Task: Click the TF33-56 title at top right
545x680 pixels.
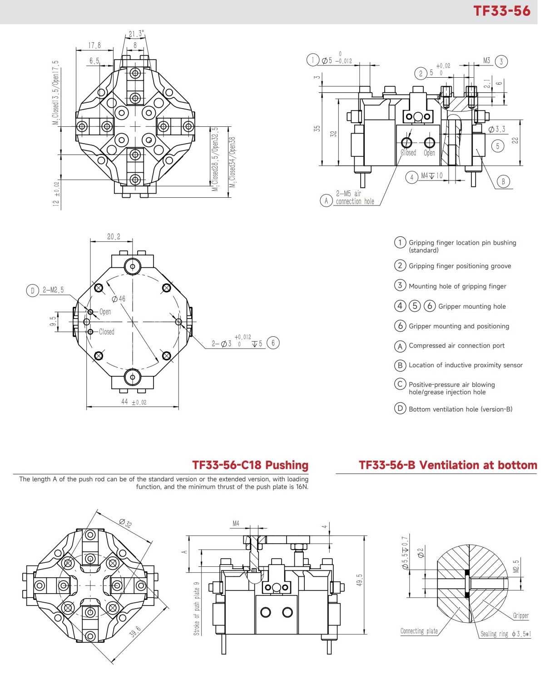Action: click(x=501, y=11)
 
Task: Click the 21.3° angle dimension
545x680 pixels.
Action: click(x=136, y=34)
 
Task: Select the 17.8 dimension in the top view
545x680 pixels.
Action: click(x=94, y=45)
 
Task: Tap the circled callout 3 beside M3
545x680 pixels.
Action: click(x=501, y=61)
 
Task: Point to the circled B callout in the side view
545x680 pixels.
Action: click(x=503, y=182)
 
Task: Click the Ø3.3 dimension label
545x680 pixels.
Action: click(x=497, y=130)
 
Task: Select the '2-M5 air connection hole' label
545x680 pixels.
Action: click(x=355, y=198)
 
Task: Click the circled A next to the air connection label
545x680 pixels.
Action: click(x=326, y=200)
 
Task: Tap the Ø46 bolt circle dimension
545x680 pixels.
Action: click(x=119, y=299)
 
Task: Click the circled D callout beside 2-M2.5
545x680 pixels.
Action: click(x=32, y=290)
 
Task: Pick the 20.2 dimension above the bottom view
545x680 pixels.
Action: click(x=114, y=237)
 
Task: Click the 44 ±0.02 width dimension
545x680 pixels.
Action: click(x=134, y=402)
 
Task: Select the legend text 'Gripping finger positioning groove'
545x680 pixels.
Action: click(x=460, y=266)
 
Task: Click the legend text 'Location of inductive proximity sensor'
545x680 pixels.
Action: click(x=466, y=365)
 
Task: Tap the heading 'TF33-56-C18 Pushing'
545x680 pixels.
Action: click(x=250, y=465)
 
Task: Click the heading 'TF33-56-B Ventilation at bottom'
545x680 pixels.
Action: click(x=448, y=465)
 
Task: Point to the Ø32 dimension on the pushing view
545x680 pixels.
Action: click(x=125, y=523)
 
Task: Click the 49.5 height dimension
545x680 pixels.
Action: click(x=359, y=580)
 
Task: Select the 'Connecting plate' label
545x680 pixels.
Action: click(x=419, y=631)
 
